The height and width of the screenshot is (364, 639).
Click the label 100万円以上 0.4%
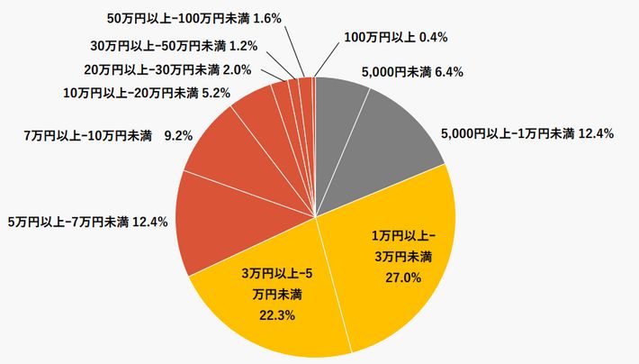coord(396,37)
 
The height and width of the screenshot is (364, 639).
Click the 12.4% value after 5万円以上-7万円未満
coord(150,221)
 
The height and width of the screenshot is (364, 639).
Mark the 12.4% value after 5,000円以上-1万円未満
coord(595,134)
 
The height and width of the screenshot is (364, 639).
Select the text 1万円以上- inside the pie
coord(402,236)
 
